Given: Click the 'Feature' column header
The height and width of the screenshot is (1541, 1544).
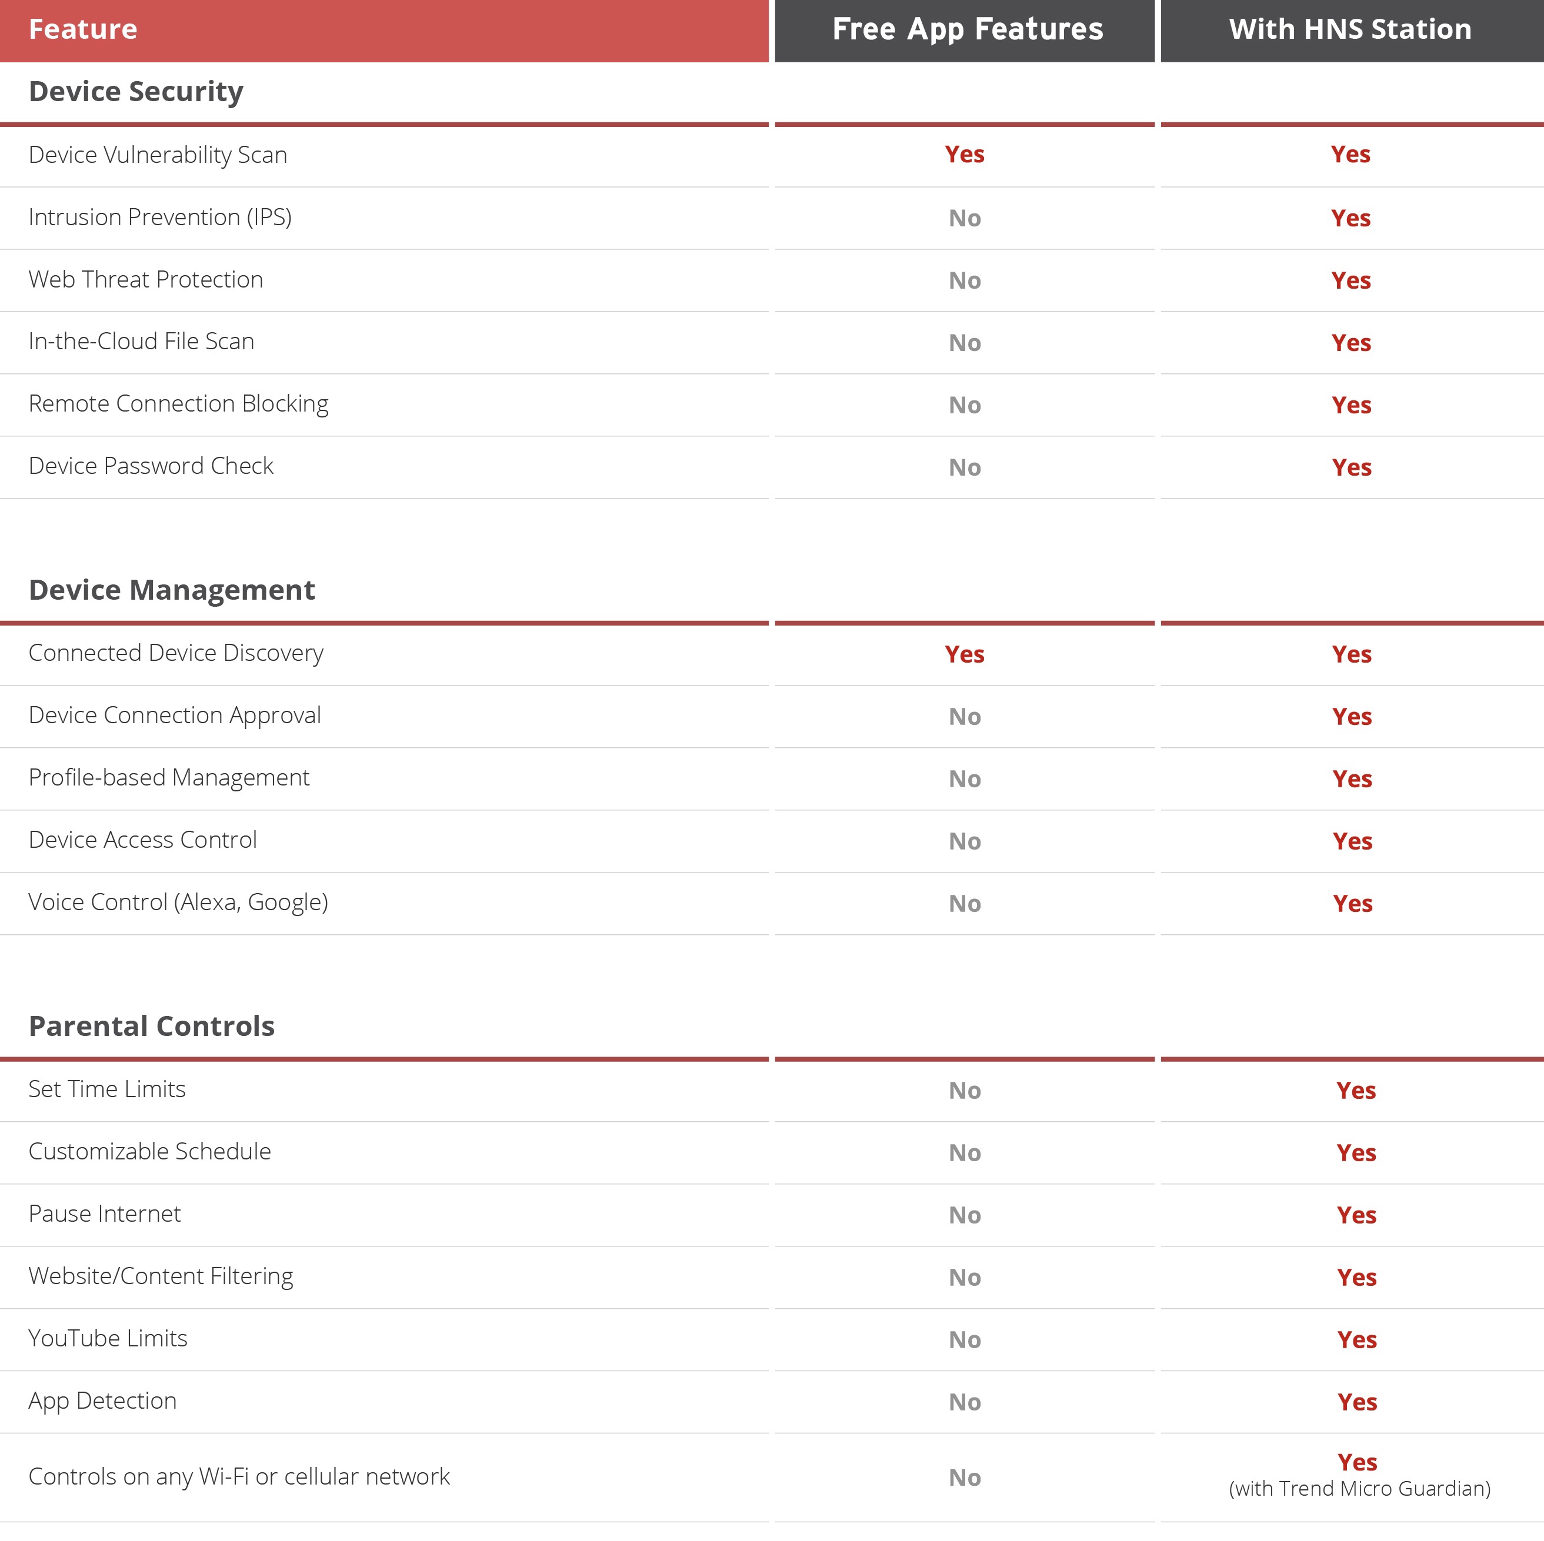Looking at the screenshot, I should [83, 29].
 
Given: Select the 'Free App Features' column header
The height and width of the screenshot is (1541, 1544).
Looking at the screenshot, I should [967, 29].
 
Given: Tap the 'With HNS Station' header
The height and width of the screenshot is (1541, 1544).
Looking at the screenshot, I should [1350, 29].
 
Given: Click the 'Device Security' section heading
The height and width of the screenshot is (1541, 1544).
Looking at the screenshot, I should [136, 91].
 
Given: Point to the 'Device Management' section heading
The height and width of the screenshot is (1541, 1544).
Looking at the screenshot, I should [172, 590].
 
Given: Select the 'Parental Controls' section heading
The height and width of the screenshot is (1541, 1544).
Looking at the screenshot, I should [152, 1026].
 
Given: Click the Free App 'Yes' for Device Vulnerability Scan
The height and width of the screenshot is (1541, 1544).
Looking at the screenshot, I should [964, 154].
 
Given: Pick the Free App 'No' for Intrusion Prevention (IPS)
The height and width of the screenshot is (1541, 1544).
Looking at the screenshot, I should [964, 218].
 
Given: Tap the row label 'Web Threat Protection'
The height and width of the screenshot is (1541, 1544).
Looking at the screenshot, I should [145, 280].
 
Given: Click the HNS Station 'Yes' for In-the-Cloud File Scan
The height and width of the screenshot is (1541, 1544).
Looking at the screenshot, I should [1350, 343].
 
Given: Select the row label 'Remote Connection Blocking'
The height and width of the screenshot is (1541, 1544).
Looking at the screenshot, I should [178, 405].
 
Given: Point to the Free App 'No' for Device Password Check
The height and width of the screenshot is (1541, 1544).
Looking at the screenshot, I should [964, 467].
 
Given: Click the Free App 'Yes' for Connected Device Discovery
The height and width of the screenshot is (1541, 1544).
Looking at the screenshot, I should [964, 654].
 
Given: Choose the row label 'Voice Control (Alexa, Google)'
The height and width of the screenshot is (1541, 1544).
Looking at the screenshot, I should [178, 902].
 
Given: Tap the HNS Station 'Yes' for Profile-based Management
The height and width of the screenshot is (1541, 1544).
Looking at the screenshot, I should [1352, 779].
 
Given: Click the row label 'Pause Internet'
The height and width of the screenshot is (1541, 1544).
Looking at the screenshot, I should [105, 1214].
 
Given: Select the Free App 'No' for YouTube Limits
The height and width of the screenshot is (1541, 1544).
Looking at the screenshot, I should [964, 1340].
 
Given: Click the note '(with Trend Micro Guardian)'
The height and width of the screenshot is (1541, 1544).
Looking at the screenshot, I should [1359, 1488].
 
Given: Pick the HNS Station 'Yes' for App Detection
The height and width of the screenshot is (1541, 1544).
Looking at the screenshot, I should [1356, 1402].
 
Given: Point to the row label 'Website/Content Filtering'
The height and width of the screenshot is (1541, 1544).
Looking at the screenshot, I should [161, 1276].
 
